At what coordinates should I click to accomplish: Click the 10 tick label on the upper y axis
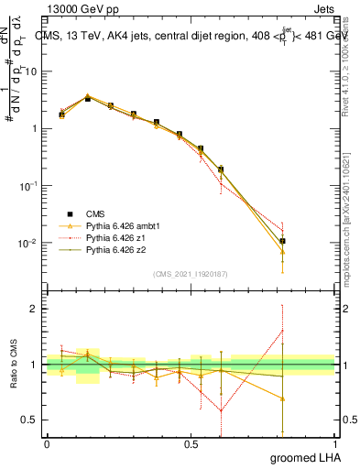tap(30, 71)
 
